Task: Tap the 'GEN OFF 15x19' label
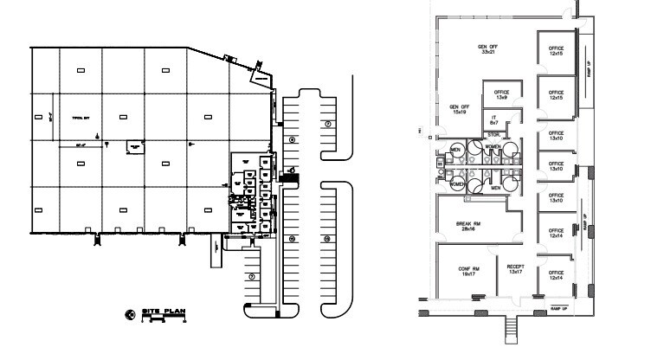pyautogui.click(x=458, y=110)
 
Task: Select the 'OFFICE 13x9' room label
pyautogui.click(x=500, y=94)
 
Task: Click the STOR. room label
pyautogui.click(x=494, y=135)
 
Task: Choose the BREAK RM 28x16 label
pyautogui.click(x=471, y=226)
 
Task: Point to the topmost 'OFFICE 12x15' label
pyautogui.click(x=557, y=51)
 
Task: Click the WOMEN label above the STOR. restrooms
pyautogui.click(x=493, y=147)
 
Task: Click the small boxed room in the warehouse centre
pyautogui.click(x=135, y=148)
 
